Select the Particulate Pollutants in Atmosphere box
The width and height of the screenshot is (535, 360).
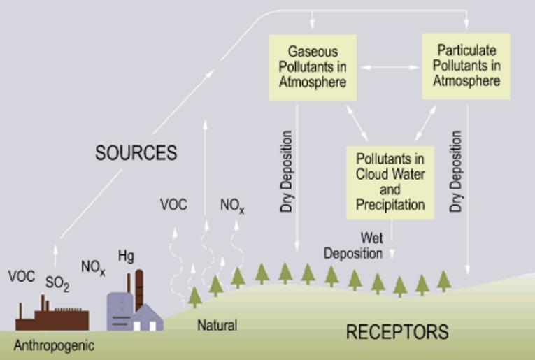[x=466, y=66]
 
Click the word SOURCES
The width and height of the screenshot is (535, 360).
[x=136, y=153]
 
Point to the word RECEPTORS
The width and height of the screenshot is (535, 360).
[x=397, y=331]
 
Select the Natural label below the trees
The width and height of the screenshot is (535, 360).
[x=217, y=325]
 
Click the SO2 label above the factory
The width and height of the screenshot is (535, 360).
[x=57, y=283]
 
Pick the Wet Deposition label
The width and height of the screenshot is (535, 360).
[x=352, y=246]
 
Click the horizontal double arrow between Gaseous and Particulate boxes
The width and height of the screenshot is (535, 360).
[x=387, y=67]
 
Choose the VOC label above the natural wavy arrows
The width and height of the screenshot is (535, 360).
[x=173, y=205]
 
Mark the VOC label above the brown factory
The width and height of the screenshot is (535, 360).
[x=22, y=276]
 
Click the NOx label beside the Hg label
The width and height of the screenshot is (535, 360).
[x=93, y=268]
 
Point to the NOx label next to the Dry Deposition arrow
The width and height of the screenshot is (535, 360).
[x=232, y=206]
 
